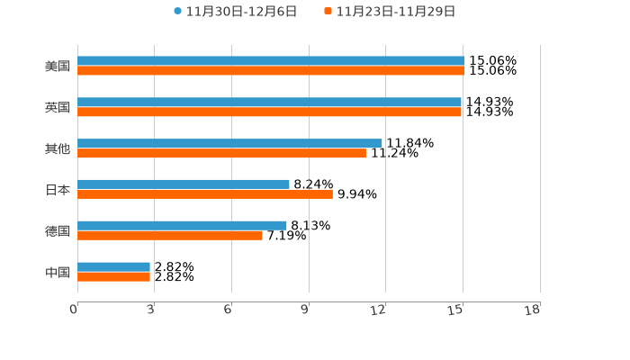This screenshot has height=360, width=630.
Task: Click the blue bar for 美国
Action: [271, 61]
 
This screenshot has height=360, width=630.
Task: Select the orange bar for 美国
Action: [271, 71]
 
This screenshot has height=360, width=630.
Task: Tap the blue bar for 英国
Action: [269, 103]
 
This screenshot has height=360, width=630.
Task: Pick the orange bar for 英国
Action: [269, 112]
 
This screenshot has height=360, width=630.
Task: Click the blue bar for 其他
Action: [229, 143]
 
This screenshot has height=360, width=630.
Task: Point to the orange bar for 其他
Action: [221, 153]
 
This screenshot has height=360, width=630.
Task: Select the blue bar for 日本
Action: [184, 184]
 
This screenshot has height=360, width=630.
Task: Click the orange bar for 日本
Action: [205, 193]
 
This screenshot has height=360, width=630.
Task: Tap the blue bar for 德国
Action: [182, 225]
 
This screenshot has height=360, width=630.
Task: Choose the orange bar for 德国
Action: [170, 235]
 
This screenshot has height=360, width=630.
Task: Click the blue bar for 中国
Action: [113, 266]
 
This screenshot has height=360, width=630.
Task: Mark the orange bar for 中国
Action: [113, 276]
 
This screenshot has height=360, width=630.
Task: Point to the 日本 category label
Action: [58, 190]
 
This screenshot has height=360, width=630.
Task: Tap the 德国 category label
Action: [58, 230]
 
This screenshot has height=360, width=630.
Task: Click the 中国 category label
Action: [58, 272]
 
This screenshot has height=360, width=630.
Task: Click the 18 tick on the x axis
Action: [533, 310]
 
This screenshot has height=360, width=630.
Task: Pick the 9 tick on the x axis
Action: [305, 310]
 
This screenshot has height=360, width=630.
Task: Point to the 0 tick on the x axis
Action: [74, 310]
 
